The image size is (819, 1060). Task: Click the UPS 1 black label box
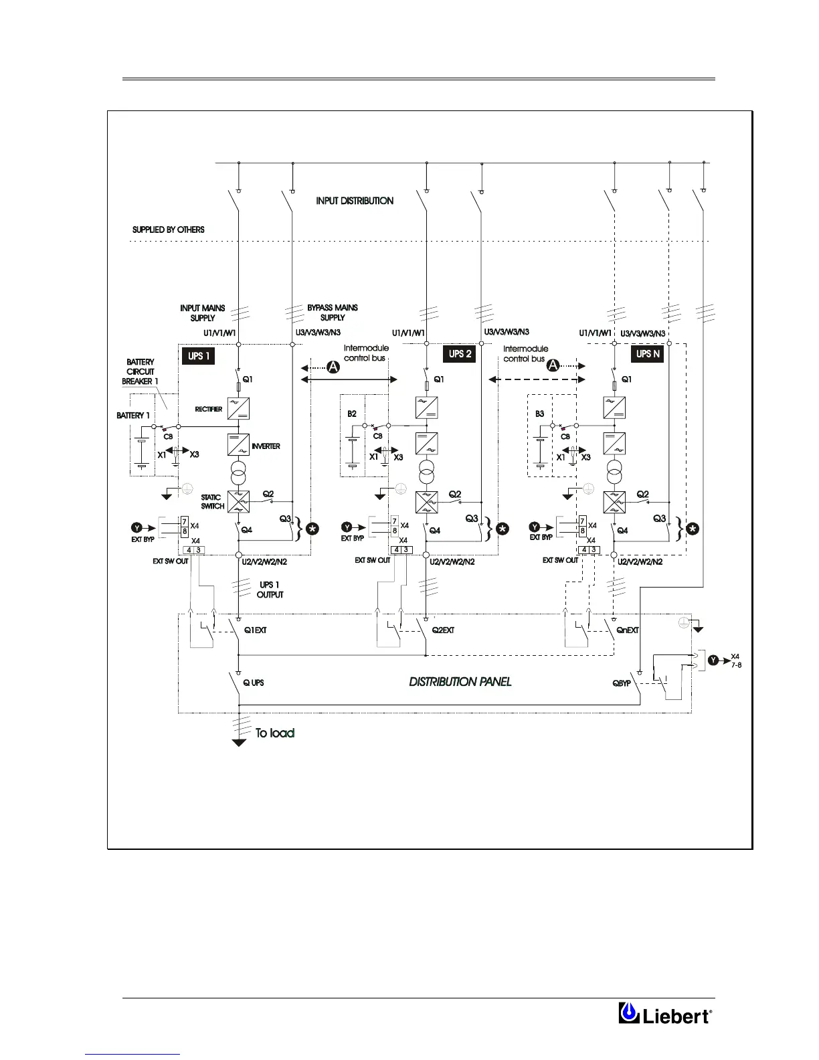point(198,355)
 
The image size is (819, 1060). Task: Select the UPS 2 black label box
point(460,354)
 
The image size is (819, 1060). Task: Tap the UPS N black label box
point(648,354)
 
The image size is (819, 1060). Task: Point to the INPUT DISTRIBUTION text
point(355,201)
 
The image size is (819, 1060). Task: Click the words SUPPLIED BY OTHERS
point(169,230)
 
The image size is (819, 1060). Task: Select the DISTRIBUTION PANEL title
point(460,682)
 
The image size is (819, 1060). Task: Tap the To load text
point(275,733)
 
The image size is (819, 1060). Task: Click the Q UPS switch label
point(253,683)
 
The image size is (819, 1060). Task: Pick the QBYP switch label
point(622,684)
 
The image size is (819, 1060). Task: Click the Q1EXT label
point(256,630)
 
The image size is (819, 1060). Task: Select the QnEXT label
point(628,630)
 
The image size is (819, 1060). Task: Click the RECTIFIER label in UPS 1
point(208,410)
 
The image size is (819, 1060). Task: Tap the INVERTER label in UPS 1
point(266,446)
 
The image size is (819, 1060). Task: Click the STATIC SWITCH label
point(213,502)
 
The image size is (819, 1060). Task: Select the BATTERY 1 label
point(133,416)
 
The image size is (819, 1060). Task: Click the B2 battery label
point(352,414)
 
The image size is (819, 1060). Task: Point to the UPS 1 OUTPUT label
point(270,590)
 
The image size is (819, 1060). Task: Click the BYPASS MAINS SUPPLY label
point(333,313)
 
